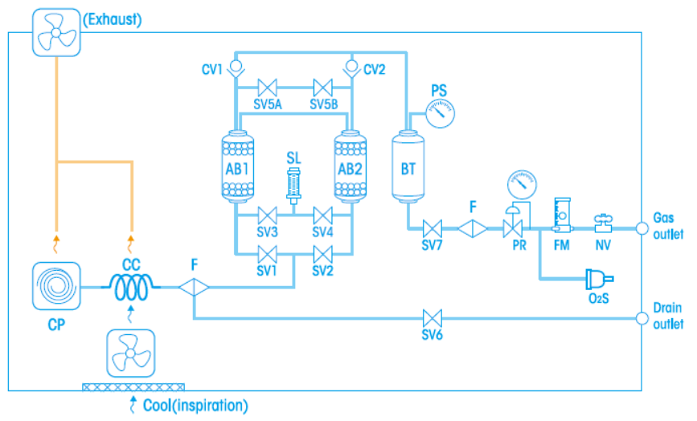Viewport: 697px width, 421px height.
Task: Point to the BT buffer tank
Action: pyautogui.click(x=408, y=169)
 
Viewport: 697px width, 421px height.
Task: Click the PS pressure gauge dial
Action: pyautogui.click(x=438, y=114)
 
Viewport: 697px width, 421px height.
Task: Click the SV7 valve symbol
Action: pyautogui.click(x=433, y=227)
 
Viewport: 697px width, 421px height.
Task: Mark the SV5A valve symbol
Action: pyautogui.click(x=266, y=87)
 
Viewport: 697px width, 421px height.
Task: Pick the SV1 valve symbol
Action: pyautogui.click(x=266, y=255)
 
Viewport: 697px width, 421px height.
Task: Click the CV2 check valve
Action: pyautogui.click(x=350, y=67)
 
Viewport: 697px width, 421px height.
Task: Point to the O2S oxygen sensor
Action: pyautogui.click(x=597, y=280)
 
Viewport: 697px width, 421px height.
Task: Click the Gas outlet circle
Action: pyautogui.click(x=642, y=227)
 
